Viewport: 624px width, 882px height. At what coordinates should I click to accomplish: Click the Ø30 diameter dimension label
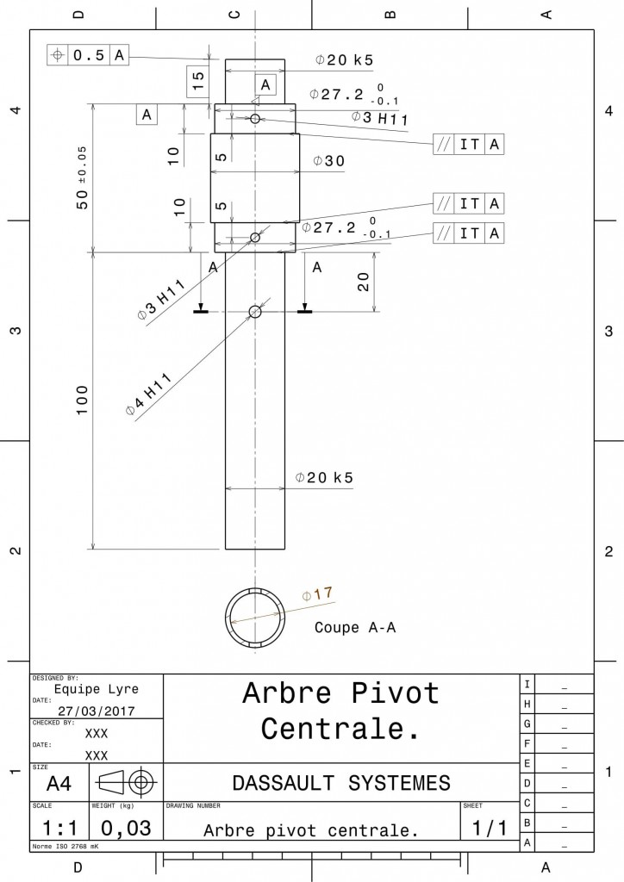tap(329, 161)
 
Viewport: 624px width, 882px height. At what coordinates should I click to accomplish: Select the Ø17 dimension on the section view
tap(317, 594)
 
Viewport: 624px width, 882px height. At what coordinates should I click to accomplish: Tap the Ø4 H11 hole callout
tap(148, 394)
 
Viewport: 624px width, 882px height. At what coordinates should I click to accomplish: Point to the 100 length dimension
tap(82, 400)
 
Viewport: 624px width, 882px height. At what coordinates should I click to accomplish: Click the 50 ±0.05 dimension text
tap(82, 177)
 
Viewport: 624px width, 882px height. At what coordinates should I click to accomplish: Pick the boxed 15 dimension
tap(198, 81)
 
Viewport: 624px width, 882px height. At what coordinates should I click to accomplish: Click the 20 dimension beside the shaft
tap(364, 282)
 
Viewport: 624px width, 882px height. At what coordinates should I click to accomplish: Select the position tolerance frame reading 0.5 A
tap(88, 55)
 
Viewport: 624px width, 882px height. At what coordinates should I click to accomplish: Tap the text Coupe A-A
tap(355, 627)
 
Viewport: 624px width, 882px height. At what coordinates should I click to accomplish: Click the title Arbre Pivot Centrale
tap(341, 711)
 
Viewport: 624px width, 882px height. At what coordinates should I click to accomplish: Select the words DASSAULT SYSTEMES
tap(341, 783)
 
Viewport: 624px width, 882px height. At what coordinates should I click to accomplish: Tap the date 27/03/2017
tap(97, 711)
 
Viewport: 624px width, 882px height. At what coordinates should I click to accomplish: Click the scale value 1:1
tap(59, 828)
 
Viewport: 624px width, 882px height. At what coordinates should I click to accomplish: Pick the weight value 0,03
tap(126, 828)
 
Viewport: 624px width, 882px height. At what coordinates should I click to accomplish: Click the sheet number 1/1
tap(490, 828)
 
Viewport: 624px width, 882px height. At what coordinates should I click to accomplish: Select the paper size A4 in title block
tap(59, 783)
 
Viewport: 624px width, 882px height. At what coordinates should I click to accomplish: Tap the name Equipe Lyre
tap(97, 690)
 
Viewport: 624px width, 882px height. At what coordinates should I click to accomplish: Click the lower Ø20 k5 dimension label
tap(325, 477)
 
